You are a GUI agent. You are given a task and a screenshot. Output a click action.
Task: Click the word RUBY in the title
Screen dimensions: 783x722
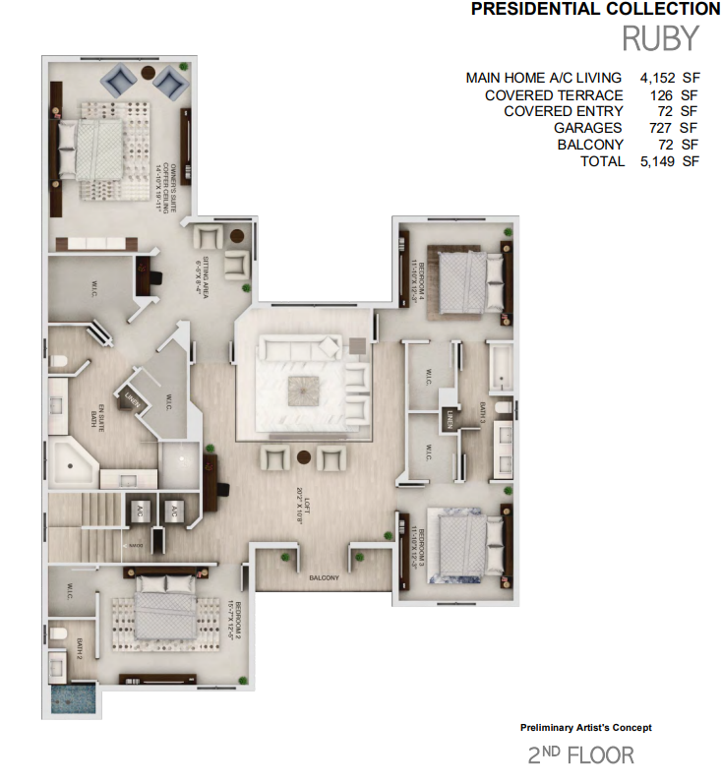pos(660,38)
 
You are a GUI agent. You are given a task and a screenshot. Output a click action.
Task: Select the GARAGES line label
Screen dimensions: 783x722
pos(587,128)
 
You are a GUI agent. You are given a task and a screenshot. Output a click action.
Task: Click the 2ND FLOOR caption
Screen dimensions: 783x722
pos(581,755)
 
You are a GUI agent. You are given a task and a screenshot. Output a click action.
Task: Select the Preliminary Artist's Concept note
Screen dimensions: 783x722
pos(585,728)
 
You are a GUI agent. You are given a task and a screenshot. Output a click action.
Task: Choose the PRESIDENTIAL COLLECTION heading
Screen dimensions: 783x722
pos(595,10)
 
